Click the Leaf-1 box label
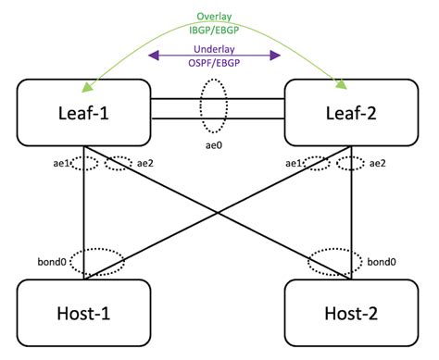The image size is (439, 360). [83, 112]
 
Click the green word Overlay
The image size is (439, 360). [215, 16]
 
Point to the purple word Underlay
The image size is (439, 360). [215, 43]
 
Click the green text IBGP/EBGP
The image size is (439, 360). [215, 29]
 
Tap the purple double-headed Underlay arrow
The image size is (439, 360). [215, 55]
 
